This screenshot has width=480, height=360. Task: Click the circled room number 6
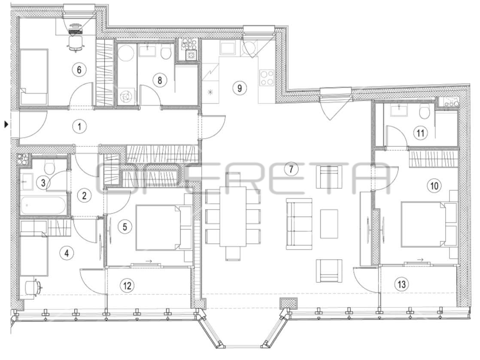pos(79,70)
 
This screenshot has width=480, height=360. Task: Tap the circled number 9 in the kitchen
pos(240,88)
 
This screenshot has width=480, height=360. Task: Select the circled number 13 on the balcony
pos(401,284)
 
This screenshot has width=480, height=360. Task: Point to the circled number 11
pos(420,133)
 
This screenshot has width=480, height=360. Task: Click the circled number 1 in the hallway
pos(79,126)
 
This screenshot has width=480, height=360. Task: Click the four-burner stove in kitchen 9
pos(267,78)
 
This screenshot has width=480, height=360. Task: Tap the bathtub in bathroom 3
pos(44,205)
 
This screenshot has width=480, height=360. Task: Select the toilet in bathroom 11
pos(425,112)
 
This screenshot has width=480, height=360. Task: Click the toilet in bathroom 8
pos(165,53)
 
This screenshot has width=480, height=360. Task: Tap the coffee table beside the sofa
pos(329,224)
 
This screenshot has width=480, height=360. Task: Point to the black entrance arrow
pos(6,124)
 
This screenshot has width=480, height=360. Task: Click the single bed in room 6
pos(34,76)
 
